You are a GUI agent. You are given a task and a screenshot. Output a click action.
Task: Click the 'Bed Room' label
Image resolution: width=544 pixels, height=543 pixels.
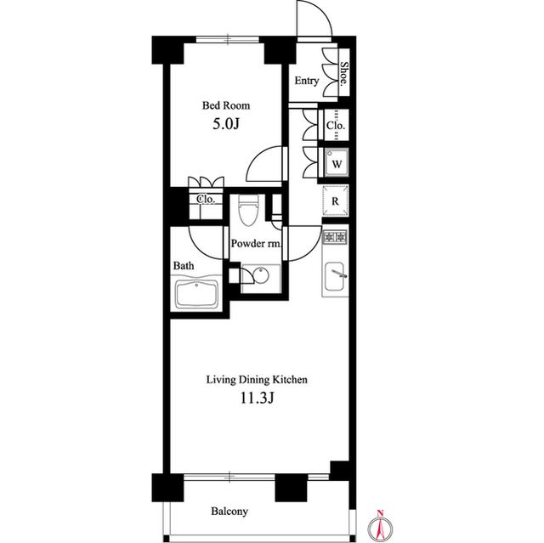pyautogui.click(x=226, y=105)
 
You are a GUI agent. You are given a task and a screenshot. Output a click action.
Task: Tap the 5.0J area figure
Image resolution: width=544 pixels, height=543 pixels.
pyautogui.click(x=226, y=124)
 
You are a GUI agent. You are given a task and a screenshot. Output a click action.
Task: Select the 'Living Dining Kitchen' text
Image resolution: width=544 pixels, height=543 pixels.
pyautogui.click(x=257, y=380)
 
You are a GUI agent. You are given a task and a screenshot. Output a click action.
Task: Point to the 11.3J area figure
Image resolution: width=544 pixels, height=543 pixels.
pyautogui.click(x=258, y=399)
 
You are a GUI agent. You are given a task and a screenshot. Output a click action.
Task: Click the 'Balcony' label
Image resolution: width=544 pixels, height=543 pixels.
pyautogui.click(x=229, y=511)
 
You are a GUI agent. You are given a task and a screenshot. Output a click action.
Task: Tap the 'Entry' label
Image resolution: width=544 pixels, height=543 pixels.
pyautogui.click(x=307, y=81)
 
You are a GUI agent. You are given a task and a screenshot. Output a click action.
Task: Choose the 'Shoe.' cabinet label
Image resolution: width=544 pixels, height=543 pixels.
pyautogui.click(x=343, y=73)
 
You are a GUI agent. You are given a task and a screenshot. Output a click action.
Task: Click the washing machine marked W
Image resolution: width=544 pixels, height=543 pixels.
pyautogui.click(x=337, y=163)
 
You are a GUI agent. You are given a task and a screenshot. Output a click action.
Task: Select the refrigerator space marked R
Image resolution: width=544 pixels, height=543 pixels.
pyautogui.click(x=335, y=201)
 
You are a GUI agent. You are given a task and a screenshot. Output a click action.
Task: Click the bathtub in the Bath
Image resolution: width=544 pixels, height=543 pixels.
pyautogui.click(x=196, y=293)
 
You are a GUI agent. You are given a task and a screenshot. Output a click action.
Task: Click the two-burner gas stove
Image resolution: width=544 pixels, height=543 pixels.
pyautogui.click(x=335, y=238)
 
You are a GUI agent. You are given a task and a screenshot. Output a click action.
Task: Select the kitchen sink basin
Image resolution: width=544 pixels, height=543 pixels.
pyautogui.click(x=334, y=276)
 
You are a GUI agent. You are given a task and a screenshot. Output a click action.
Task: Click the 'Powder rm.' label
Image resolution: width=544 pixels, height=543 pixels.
pyautogui.click(x=256, y=243)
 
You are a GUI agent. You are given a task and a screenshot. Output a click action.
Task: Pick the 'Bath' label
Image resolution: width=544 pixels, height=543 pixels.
pyautogui.click(x=184, y=266)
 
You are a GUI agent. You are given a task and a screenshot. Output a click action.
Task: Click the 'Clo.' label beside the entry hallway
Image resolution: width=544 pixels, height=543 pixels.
pyautogui.click(x=336, y=125)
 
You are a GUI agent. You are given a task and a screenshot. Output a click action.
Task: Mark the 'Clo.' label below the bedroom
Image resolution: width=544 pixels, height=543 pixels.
pyautogui.click(x=206, y=200)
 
